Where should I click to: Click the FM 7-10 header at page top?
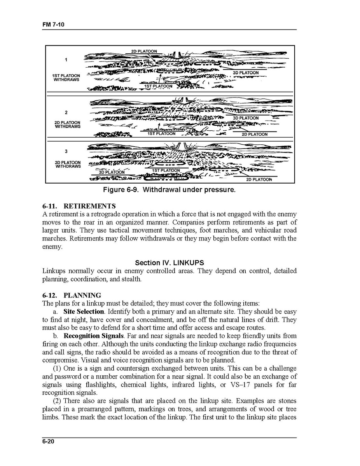click(53, 25)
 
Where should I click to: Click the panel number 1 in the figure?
click(66, 60)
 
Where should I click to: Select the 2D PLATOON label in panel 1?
click(144, 51)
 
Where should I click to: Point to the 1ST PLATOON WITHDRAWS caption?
click(67, 77)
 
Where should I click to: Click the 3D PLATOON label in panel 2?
click(245, 118)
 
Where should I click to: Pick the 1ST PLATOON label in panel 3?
click(166, 170)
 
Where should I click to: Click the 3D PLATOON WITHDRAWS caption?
click(68, 165)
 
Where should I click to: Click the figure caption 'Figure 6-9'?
click(169, 190)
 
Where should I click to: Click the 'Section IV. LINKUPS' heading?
click(169, 263)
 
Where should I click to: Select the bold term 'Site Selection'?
click(84, 312)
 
